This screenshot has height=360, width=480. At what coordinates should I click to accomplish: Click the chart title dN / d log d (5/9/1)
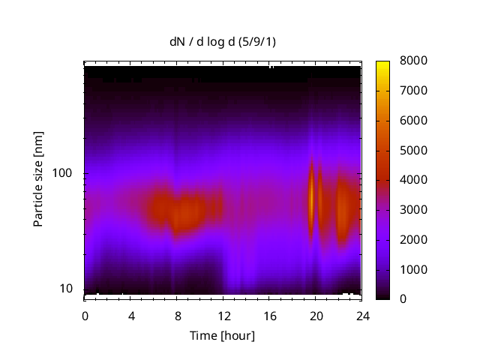pos(223,41)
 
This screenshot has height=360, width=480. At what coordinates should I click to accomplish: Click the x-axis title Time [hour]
pos(223,335)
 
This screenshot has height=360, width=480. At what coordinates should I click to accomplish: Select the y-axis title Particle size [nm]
pos(37,180)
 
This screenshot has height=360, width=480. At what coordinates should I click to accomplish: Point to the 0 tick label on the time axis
pos(85,315)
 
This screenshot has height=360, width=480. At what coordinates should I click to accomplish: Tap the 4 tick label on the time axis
pos(131,315)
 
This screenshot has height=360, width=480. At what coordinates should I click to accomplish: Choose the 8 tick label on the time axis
pos(177,315)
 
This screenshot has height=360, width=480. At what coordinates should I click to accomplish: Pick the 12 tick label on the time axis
pos(223,315)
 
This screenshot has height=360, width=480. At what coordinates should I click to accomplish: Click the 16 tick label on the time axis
pos(269,315)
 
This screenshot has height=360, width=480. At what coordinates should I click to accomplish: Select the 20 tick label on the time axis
pos(315,315)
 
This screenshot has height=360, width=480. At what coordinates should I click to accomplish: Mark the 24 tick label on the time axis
pos(361,315)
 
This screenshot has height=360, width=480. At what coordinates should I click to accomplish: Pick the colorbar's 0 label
pos(403,299)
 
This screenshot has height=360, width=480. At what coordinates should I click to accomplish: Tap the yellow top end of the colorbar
pos(383,63)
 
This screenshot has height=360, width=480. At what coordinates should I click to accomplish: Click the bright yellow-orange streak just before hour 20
pos(311,196)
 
